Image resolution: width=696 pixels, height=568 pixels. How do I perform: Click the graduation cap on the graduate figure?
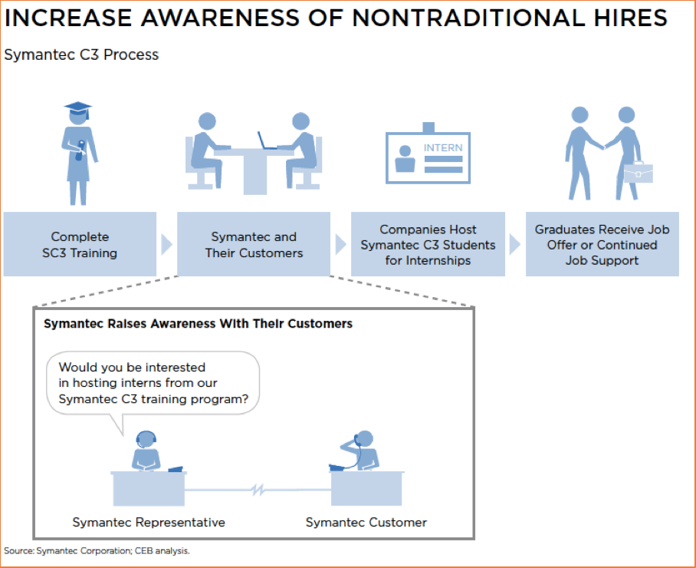tap(77, 108)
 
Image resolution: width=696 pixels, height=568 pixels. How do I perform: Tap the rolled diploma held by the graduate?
tap(80, 150)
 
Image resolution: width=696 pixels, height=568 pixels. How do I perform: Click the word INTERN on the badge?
tap(443, 147)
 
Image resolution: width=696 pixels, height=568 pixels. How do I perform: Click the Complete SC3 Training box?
tap(80, 244)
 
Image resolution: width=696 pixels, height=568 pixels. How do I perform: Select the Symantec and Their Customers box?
tap(254, 244)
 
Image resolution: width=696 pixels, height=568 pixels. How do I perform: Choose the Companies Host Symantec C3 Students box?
tap(428, 244)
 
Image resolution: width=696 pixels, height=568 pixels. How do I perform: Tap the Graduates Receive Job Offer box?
tap(602, 244)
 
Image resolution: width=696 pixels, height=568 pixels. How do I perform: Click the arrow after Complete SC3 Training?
tap(166, 244)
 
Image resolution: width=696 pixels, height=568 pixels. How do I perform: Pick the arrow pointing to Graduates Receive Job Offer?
tap(515, 244)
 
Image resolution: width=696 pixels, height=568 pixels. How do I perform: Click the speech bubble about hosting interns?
tap(153, 383)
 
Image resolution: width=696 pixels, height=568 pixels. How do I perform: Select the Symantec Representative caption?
tap(149, 522)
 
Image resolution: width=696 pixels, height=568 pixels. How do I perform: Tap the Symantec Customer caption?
tap(366, 522)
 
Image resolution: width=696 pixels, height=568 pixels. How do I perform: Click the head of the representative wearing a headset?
tap(146, 439)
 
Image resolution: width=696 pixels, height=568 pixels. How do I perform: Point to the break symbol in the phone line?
tap(258, 490)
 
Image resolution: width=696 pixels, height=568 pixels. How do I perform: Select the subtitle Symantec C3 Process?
tap(81, 54)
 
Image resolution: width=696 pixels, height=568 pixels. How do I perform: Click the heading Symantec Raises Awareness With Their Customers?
tap(198, 324)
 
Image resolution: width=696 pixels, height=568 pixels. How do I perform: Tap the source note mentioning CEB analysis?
tap(97, 550)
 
